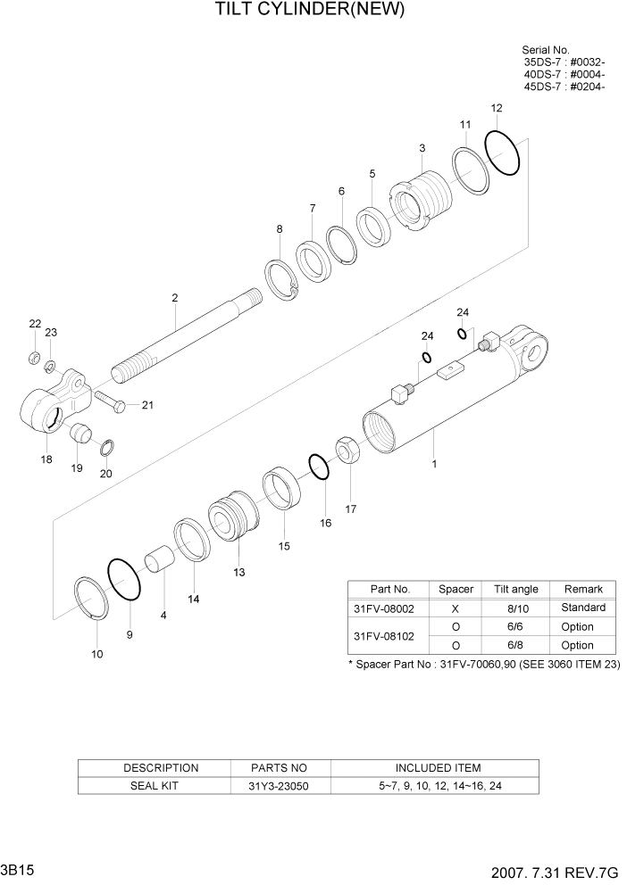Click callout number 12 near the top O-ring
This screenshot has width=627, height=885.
tap(496, 108)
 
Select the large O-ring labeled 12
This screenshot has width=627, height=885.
tap(503, 153)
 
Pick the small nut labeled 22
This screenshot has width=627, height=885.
tap(34, 359)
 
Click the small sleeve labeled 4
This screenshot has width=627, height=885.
tap(160, 563)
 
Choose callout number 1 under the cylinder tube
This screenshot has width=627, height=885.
tap(434, 464)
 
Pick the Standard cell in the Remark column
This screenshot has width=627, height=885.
tap(582, 608)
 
